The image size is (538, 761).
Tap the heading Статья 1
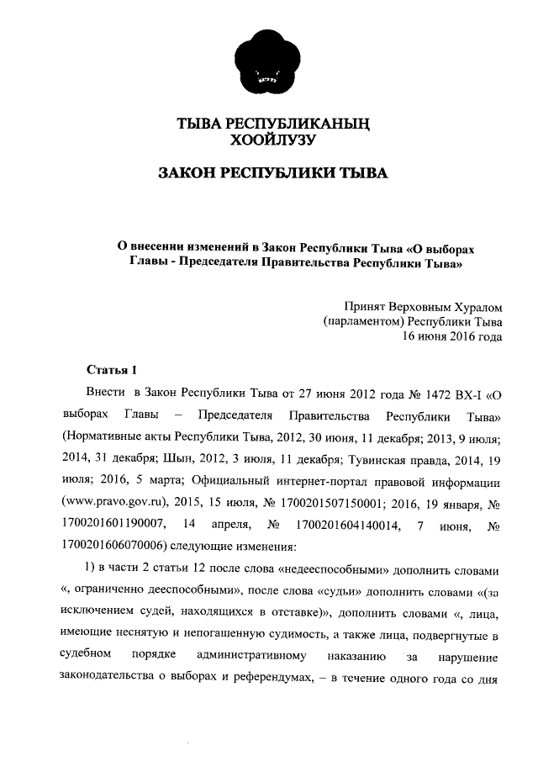tap(110, 370)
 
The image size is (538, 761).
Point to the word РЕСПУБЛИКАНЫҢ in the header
tap(298, 124)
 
